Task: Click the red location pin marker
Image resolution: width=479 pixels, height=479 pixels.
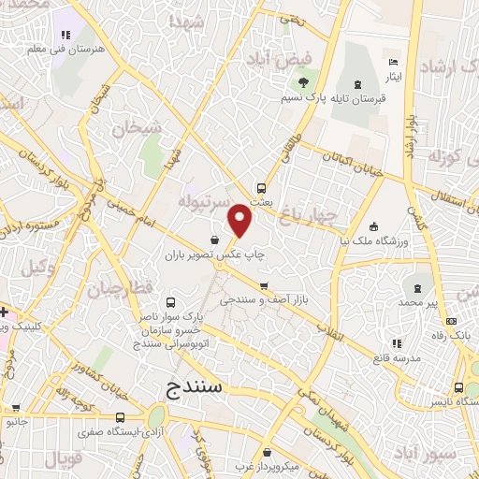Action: [x=240, y=222]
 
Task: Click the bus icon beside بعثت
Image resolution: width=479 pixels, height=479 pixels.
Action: [x=263, y=186]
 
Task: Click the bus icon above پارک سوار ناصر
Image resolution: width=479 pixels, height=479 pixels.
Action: [x=171, y=303]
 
